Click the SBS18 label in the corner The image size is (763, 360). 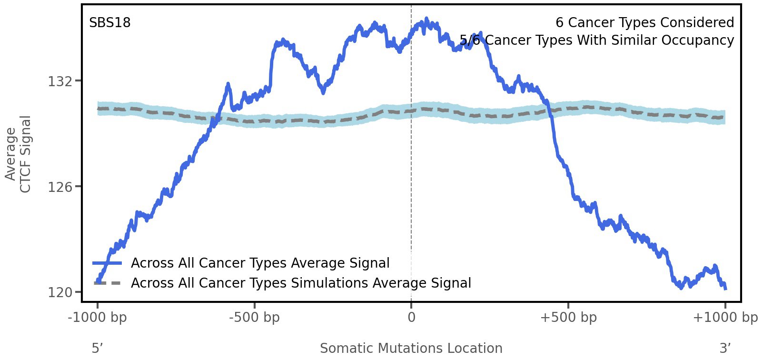[109, 23]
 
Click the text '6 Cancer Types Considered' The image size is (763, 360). [644, 23]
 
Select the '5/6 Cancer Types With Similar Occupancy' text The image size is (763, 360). [597, 40]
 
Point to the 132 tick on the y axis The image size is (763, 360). [60, 81]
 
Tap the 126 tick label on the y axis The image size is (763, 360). [60, 187]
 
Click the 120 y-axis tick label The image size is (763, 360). [60, 292]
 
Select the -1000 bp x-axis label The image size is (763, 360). [98, 318]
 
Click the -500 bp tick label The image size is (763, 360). [254, 318]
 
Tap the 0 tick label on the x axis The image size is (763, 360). [411, 318]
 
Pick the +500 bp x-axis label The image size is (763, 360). [568, 318]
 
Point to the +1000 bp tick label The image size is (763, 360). [724, 318]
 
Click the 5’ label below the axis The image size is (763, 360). [97, 349]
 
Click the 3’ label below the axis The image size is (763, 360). [725, 349]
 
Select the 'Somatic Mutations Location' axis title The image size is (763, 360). [411, 349]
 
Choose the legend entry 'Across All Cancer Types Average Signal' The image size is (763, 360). [260, 263]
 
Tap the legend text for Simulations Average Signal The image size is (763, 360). [301, 283]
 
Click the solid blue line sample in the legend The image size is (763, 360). [108, 263]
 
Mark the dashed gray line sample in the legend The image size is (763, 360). [108, 283]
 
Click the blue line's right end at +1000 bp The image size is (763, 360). [725, 288]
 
